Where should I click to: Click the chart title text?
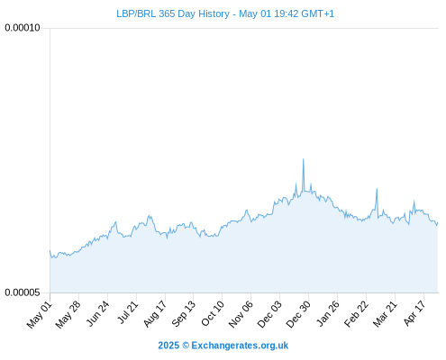[x=225, y=13]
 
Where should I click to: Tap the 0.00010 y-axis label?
[x=23, y=28]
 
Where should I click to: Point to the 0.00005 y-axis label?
[x=23, y=292]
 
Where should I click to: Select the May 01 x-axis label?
[x=40, y=315]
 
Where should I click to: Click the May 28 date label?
[x=68, y=315]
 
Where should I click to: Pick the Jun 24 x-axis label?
[x=97, y=314]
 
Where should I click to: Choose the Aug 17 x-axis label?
[x=155, y=314]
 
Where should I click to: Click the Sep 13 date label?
[x=184, y=314]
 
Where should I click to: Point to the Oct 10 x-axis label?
[x=213, y=314]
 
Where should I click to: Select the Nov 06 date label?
[x=241, y=314]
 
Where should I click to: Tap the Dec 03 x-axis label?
[x=269, y=314]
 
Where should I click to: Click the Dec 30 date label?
[x=298, y=314]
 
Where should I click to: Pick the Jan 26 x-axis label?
[x=328, y=314]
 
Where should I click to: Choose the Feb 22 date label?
[x=357, y=314]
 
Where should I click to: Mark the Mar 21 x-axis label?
[x=385, y=314]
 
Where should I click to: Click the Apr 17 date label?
[x=414, y=313]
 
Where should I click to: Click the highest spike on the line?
[x=303, y=159]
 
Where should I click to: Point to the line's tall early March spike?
[x=377, y=189]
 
